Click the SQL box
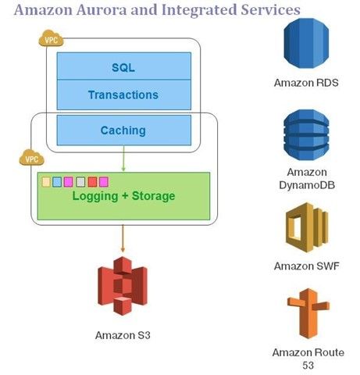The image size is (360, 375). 123,67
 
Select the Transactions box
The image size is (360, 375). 123,95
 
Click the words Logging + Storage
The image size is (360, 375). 123,195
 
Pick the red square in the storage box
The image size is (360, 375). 92,181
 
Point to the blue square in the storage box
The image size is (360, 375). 57,181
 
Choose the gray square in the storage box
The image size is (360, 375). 80,181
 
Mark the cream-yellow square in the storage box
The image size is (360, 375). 46,181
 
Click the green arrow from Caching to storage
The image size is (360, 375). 123,159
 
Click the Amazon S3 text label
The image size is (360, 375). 123,335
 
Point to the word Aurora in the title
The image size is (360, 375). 104,10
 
